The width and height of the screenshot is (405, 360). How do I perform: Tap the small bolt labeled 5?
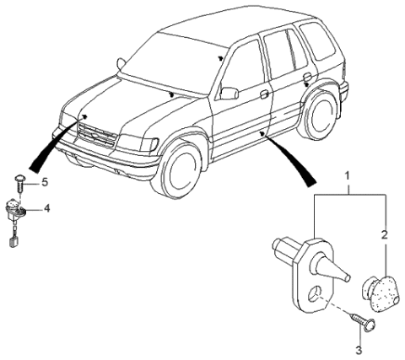[x=21, y=181]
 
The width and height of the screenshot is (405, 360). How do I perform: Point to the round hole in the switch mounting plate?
[x=315, y=293]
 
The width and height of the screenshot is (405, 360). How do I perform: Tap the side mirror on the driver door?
[x=229, y=91]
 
